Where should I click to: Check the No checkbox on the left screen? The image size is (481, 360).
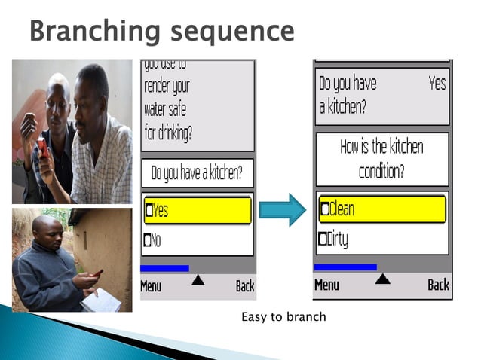149,241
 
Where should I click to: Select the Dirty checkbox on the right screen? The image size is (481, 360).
323,239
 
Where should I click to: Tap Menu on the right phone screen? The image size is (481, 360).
326,285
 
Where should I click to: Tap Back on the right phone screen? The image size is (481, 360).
438,285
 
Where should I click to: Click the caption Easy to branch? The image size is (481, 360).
283,316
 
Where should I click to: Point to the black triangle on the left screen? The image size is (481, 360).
198,280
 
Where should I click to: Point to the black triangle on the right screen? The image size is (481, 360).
382,279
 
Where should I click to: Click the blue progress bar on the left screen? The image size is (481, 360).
164,268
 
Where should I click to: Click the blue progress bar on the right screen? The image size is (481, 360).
345,267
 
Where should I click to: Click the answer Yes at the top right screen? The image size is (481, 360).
437,84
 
